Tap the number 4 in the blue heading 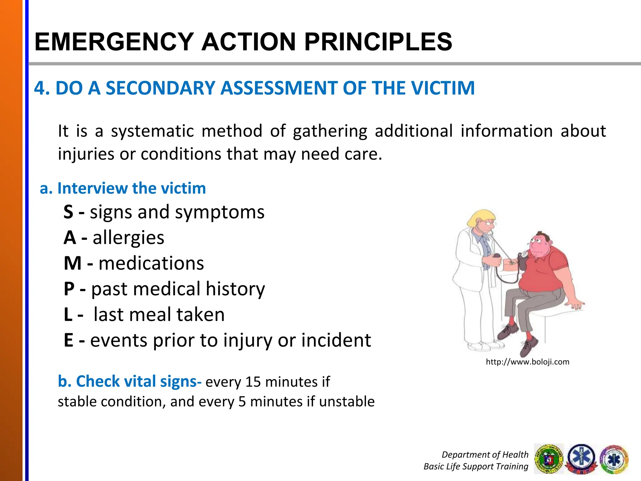coord(39,88)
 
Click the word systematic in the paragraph coord(152,131)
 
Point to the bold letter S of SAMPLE coord(68,212)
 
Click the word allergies coord(128,238)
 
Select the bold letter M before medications coord(72,263)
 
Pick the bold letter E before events coord(68,340)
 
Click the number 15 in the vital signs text coord(253,382)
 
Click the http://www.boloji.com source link coord(527,362)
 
